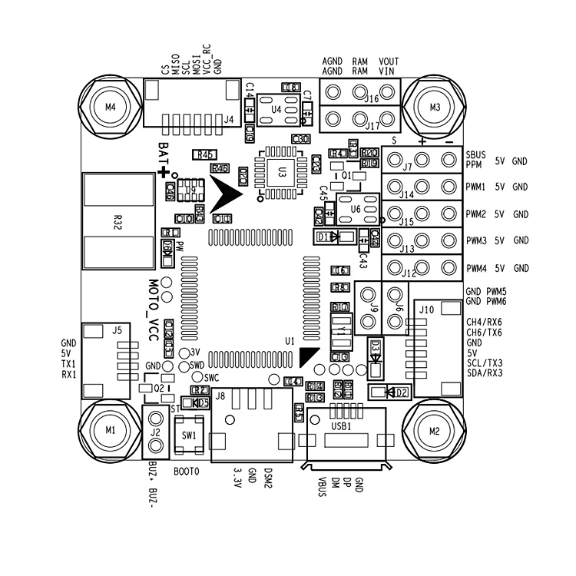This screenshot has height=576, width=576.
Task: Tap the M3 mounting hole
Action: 435,106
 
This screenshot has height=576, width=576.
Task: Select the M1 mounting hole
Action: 111,430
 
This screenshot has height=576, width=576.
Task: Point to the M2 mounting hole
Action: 435,430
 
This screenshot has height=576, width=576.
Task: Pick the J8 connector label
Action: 220,396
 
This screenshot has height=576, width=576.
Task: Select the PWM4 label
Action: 476,268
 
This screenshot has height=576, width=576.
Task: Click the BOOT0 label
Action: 187,470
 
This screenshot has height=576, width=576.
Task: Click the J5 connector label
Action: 116,329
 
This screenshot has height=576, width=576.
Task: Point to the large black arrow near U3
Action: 227,194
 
